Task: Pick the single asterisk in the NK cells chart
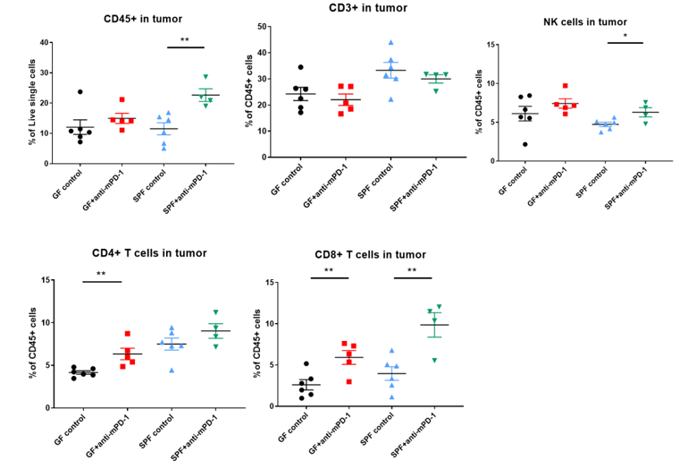[625, 37]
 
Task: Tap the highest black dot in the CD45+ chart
[80, 91]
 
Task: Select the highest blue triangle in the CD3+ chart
[390, 42]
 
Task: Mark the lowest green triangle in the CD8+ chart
[435, 360]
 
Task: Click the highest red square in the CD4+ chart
[128, 334]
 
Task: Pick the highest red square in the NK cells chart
[566, 87]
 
